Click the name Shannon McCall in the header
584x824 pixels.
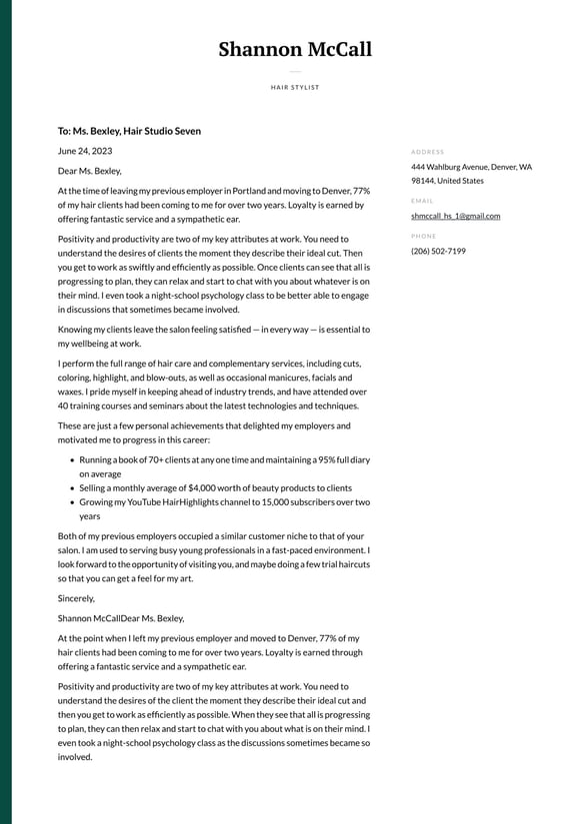tap(295, 50)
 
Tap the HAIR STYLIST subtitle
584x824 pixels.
tap(295, 87)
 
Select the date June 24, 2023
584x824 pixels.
tap(85, 151)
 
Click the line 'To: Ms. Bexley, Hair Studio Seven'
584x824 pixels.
tap(129, 131)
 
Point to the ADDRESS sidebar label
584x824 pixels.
tap(427, 152)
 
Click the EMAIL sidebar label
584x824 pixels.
tap(422, 201)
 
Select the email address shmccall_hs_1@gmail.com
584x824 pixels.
tap(455, 216)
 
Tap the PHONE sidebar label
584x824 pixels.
tap(423, 236)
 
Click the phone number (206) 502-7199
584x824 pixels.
tap(438, 251)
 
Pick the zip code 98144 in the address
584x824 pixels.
tap(422, 181)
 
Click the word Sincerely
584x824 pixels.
tap(76, 598)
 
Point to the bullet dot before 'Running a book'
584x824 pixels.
tap(72, 460)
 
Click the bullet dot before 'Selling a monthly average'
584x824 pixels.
tap(72, 488)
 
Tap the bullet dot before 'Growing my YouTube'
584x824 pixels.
tap(72, 502)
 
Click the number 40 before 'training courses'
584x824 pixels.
tap(63, 406)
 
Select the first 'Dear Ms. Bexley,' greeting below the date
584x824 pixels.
tap(89, 171)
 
